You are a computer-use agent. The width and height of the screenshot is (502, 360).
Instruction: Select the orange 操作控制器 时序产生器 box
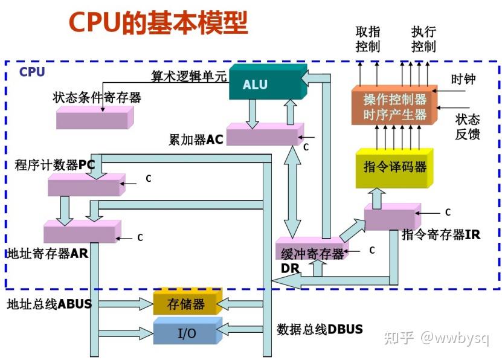pyautogui.click(x=394, y=106)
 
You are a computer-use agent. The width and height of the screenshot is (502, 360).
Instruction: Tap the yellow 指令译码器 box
pyautogui.click(x=393, y=167)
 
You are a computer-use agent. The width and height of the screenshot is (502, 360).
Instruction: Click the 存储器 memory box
pyautogui.click(x=186, y=304)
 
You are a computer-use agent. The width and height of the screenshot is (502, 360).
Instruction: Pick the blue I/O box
pyautogui.click(x=185, y=333)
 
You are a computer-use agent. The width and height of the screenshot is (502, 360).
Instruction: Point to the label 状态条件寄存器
pyautogui.click(x=97, y=97)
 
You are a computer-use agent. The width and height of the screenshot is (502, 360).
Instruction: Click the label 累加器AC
pyautogui.click(x=196, y=140)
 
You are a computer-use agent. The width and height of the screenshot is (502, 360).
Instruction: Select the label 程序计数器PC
pyautogui.click(x=56, y=165)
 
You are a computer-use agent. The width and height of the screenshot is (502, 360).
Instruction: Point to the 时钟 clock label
pyautogui.click(x=463, y=79)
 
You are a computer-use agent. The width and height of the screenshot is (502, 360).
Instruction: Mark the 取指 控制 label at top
pyautogui.click(x=368, y=39)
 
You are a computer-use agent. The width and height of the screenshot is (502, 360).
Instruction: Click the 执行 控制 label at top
pyautogui.click(x=423, y=39)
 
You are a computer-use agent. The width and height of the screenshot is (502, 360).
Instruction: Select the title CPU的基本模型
pyautogui.click(x=158, y=22)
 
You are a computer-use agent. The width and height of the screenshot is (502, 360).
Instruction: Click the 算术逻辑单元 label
pyautogui.click(x=188, y=76)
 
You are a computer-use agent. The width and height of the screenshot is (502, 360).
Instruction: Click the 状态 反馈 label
pyautogui.click(x=468, y=126)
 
